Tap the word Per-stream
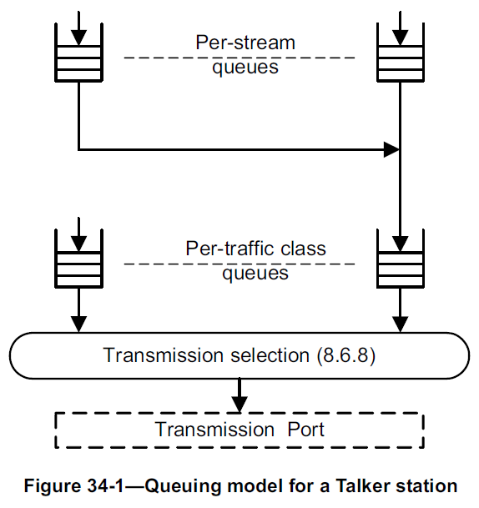245,42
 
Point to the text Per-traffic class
255,249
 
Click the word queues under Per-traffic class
255,274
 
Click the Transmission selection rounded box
239,356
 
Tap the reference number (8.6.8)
345,356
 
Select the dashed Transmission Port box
239,430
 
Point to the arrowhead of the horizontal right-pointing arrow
391,150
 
